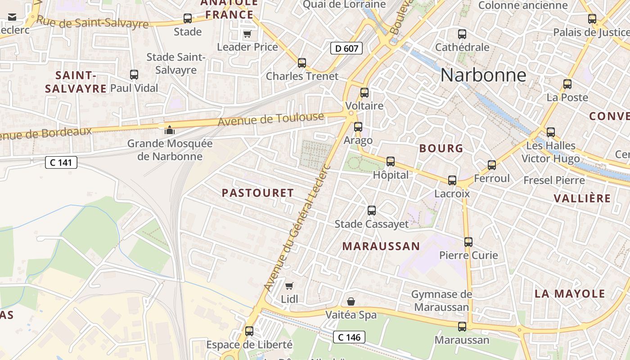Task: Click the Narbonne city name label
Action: tap(483, 75)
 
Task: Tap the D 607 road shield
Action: tap(346, 48)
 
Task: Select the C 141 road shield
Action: tap(61, 162)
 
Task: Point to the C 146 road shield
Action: tap(349, 337)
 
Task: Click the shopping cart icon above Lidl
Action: tap(289, 286)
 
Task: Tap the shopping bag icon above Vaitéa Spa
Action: tap(351, 301)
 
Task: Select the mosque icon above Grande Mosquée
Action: tap(170, 130)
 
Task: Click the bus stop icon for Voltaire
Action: tap(364, 93)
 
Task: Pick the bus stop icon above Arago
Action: tap(358, 127)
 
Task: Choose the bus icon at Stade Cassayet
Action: tap(372, 210)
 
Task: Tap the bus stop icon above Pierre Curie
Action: tap(468, 242)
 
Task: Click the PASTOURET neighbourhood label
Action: tap(258, 193)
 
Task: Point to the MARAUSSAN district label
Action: tap(381, 246)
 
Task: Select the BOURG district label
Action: tap(441, 148)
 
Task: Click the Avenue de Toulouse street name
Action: tap(271, 119)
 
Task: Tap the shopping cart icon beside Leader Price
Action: tap(247, 34)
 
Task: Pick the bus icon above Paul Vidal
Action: tap(134, 75)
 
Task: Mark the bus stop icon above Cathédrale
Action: tap(462, 34)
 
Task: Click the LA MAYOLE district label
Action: tap(570, 294)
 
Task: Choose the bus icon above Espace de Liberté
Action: tap(249, 331)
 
